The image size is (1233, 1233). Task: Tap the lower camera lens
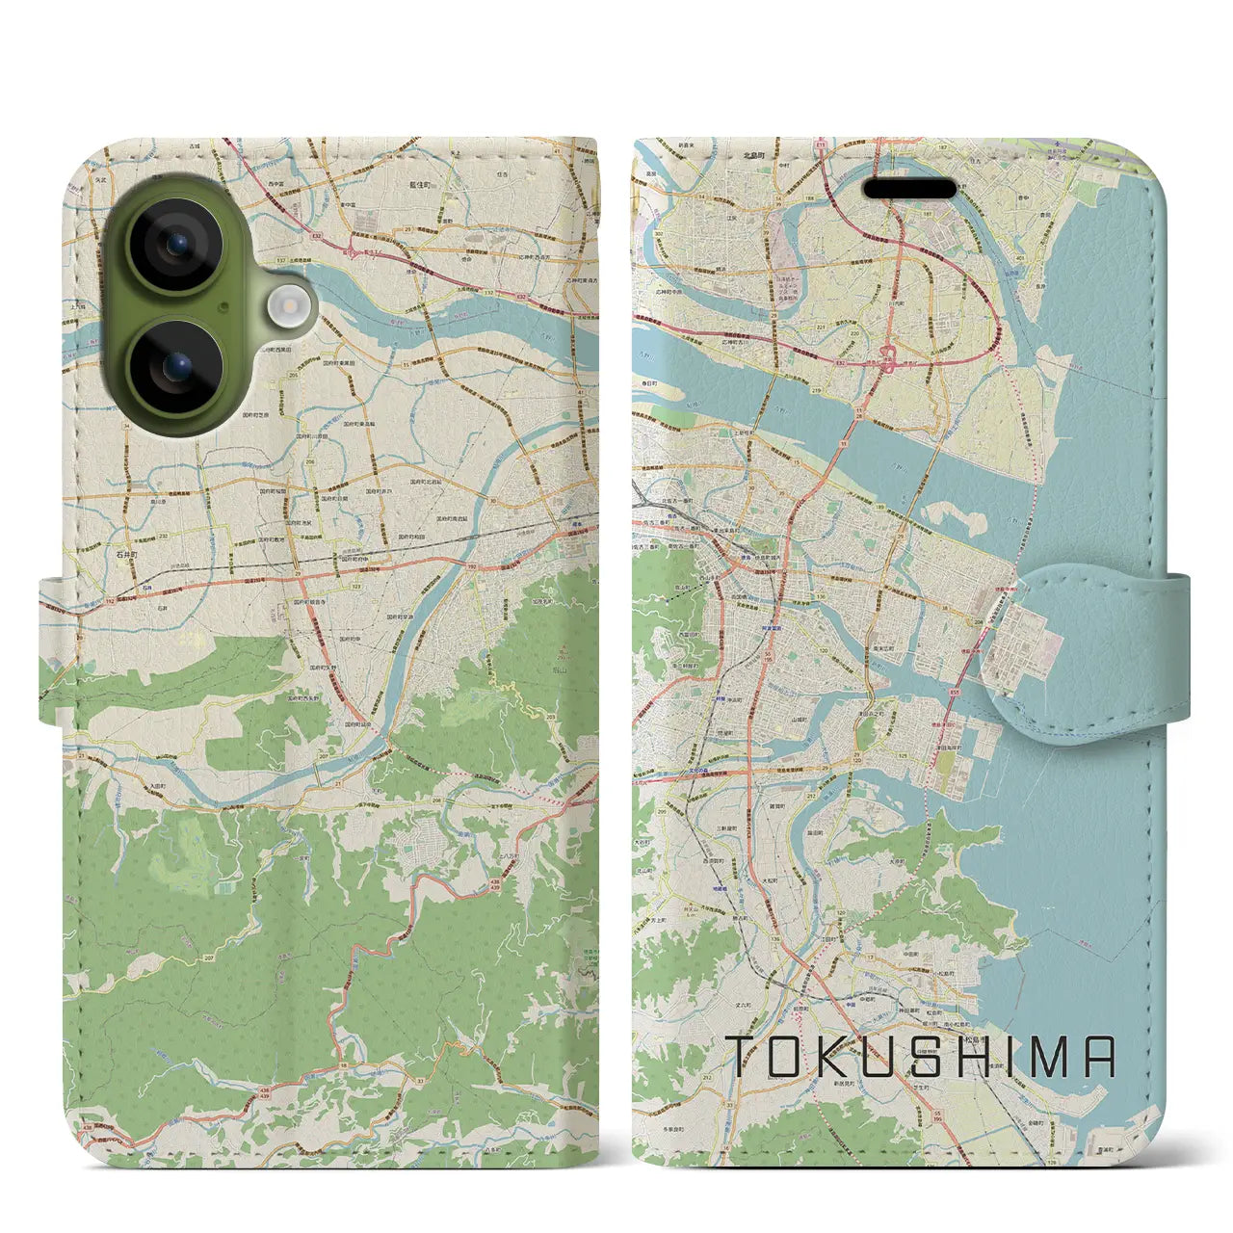176,367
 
